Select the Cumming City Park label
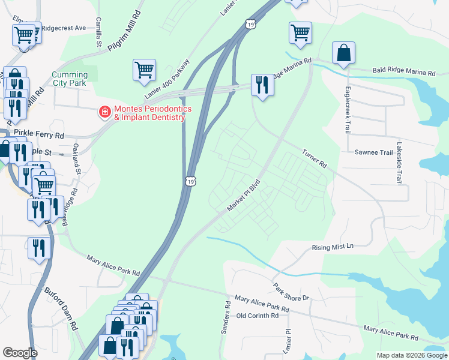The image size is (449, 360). pos(70,79)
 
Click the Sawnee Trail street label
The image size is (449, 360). pos(373,152)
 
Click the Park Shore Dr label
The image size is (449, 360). pos(291,292)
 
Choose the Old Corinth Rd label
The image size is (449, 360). pos(258,315)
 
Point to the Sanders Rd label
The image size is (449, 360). pos(227,318)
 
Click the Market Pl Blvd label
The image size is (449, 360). pos(245,195)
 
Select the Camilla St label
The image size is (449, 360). pos(98,35)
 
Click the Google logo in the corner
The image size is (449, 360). pos(20,353)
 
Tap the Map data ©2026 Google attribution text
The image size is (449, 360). pos(411,355)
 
